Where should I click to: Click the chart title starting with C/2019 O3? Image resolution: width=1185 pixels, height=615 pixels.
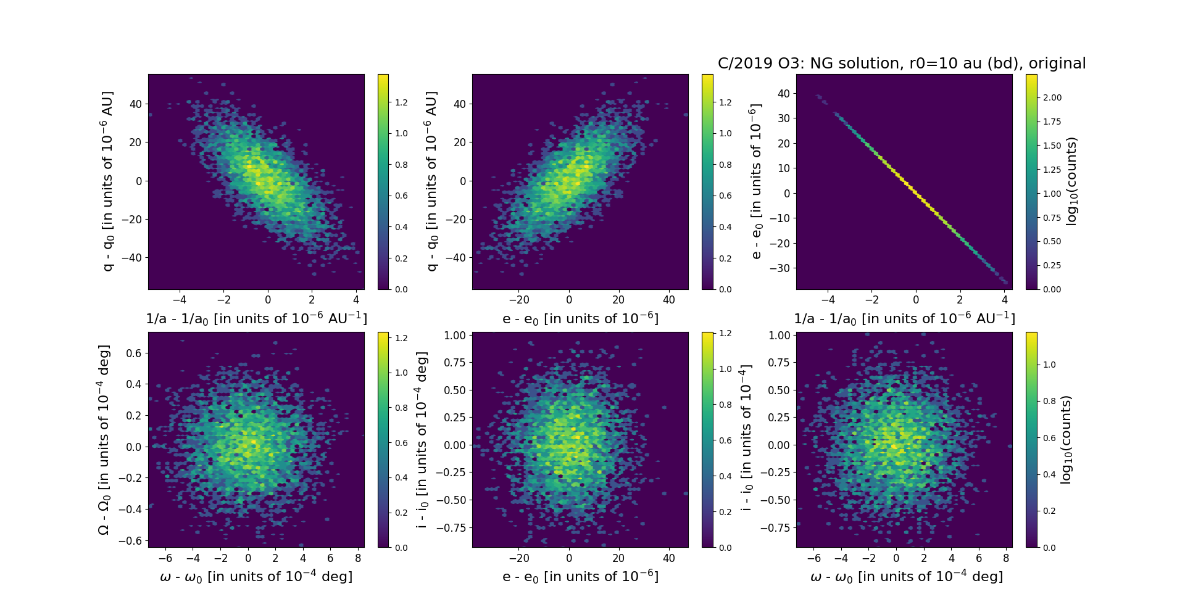(902, 64)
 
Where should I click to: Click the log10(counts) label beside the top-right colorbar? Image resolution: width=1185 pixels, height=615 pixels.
(1071, 181)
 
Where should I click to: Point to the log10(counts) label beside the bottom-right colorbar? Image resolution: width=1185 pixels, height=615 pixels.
(1065, 440)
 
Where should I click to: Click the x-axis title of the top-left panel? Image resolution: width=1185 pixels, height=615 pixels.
(256, 318)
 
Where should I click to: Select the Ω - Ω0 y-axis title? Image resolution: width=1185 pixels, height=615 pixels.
(104, 440)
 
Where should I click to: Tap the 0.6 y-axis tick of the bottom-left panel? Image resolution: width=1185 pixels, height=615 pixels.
(133, 353)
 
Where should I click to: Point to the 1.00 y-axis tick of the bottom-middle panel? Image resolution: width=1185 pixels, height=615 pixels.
(455, 335)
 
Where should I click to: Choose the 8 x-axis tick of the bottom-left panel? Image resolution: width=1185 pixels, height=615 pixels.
(358, 558)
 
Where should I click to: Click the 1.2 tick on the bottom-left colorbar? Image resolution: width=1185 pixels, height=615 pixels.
(401, 338)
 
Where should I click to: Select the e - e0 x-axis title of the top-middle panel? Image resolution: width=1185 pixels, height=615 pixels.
(580, 318)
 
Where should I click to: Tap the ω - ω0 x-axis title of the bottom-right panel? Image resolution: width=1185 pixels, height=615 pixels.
(906, 576)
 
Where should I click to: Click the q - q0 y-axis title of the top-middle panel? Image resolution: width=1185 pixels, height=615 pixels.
(431, 181)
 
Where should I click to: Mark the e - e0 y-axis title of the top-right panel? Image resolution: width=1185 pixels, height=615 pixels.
(755, 181)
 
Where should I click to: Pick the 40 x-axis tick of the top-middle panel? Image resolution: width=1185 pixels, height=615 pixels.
(669, 300)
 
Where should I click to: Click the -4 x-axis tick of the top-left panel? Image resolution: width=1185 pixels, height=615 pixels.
(179, 300)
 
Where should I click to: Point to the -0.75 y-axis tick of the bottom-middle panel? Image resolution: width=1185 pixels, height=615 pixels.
(452, 527)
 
